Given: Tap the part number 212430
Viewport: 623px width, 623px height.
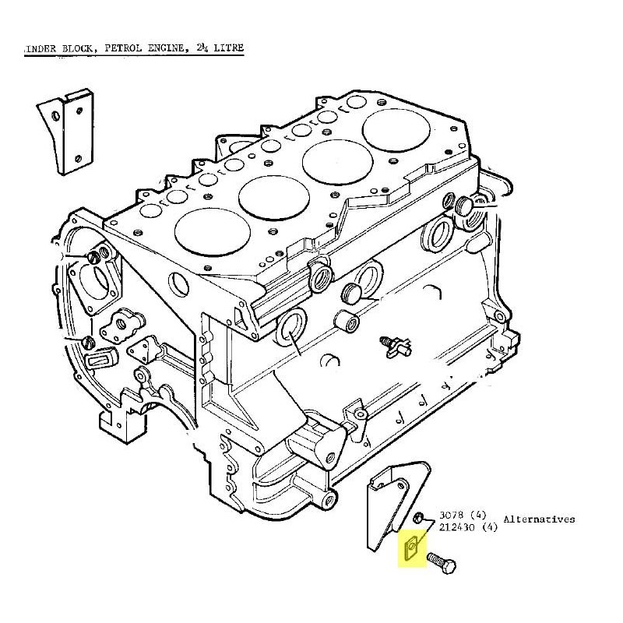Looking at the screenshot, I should [458, 527].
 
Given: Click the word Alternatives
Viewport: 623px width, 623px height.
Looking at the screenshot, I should [539, 519].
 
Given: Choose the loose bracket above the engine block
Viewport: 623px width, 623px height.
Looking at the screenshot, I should [66, 132].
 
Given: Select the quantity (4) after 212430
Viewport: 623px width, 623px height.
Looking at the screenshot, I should [491, 527].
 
